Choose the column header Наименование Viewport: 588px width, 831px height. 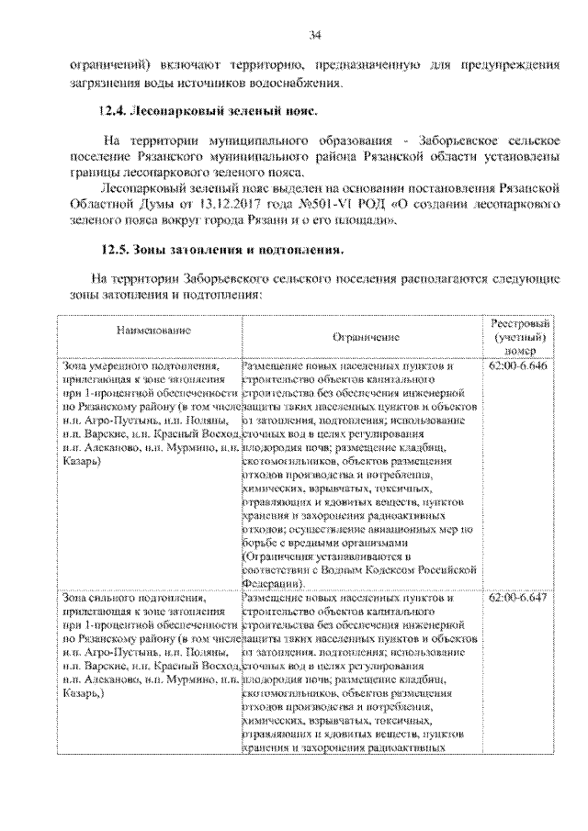click(x=147, y=328)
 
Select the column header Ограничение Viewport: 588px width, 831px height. click(x=365, y=338)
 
